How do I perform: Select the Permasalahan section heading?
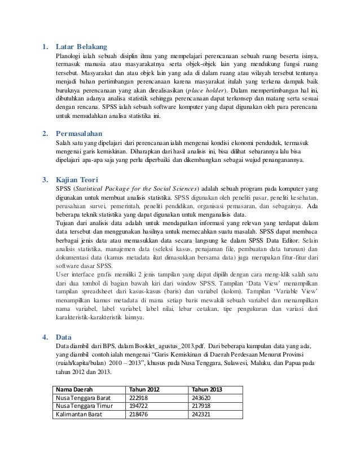(82, 134)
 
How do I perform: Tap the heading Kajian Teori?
(79, 180)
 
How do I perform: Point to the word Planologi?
(67, 56)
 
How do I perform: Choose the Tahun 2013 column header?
(207, 389)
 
